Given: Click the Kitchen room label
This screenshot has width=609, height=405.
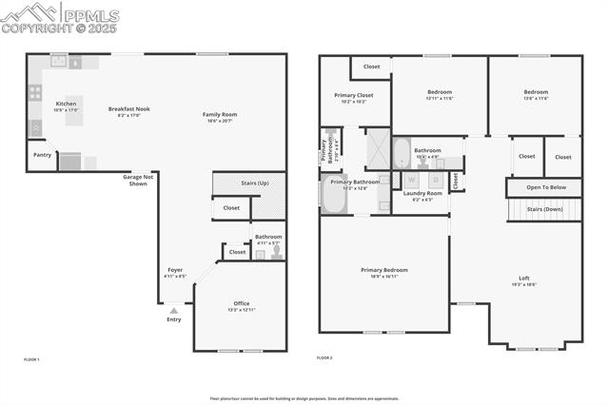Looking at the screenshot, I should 66,104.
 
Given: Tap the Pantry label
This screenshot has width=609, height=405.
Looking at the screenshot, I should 42,154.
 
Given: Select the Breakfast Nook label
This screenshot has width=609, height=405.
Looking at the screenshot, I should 128,108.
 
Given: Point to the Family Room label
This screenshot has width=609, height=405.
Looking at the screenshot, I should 220,114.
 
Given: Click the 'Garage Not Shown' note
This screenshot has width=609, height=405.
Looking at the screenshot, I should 138,180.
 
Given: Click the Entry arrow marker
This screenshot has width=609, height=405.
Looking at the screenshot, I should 173,310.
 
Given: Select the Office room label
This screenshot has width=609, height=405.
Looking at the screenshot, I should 242,303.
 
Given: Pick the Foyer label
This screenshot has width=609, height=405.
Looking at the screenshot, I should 175,270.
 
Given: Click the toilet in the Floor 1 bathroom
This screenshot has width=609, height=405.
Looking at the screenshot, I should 276,252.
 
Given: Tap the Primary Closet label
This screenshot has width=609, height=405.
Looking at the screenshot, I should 352,95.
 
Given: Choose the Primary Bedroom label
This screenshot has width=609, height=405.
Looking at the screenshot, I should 383,270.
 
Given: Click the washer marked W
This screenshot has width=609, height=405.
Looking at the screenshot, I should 411,179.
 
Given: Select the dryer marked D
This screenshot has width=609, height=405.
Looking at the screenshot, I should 436,179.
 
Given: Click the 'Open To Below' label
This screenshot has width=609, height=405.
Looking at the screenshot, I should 545,187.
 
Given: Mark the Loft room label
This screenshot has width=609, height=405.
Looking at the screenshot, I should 523,278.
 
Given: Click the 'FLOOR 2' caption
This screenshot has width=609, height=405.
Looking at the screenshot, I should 324,358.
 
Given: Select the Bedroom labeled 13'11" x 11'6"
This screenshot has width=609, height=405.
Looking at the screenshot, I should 439,92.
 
